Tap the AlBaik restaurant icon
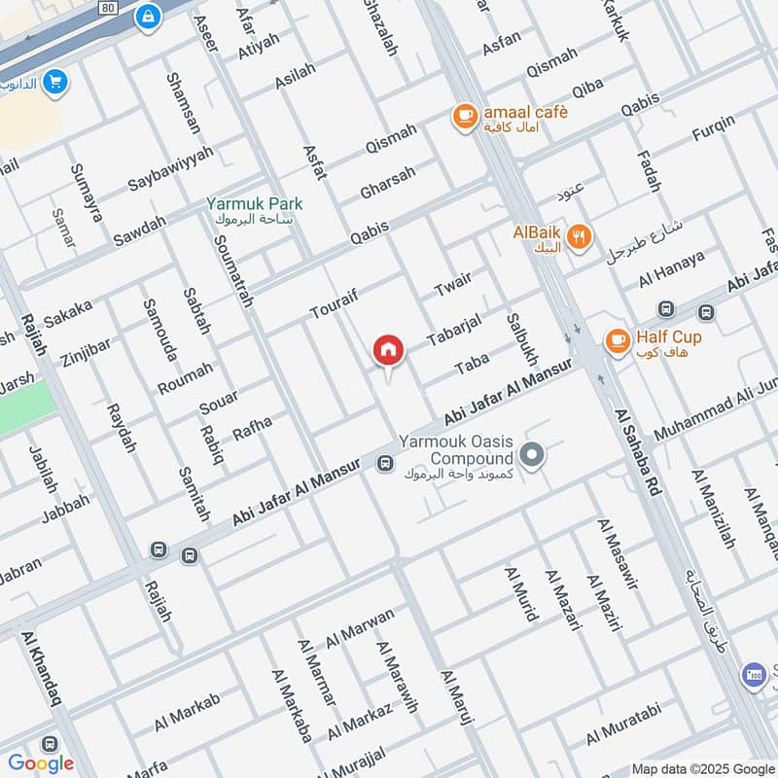click(x=579, y=235)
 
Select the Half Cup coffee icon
click(x=617, y=340)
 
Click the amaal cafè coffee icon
click(x=465, y=116)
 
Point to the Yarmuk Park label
click(x=254, y=204)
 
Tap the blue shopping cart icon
click(x=55, y=82)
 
